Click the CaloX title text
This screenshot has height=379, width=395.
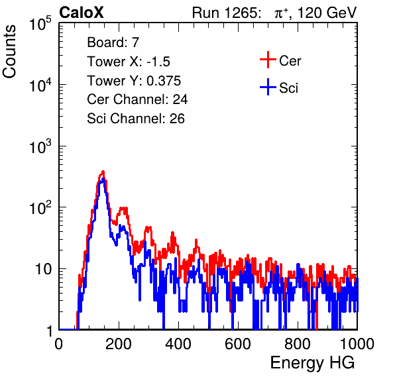82,13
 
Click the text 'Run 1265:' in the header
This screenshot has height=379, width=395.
226,13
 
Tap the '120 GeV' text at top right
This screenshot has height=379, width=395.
327,13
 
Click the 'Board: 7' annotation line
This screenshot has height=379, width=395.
113,42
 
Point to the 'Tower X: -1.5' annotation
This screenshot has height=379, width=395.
129,62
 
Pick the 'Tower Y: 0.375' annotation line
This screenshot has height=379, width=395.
134,81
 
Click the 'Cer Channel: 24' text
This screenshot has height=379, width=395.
137,99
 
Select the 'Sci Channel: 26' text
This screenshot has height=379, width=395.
136,119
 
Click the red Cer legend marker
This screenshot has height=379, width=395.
268,60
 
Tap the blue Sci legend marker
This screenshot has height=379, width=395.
268,87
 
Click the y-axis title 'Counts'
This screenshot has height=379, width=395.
9,52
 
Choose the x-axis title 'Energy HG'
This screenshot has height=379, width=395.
313,363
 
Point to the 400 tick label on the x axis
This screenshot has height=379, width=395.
178,344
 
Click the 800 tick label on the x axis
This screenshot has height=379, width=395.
298,344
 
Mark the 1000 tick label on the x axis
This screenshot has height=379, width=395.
357,344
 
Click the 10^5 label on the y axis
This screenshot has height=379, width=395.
40,23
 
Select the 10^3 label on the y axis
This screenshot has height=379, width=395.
40,146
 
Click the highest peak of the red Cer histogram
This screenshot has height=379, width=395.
103,172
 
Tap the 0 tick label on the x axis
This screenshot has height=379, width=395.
59,344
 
